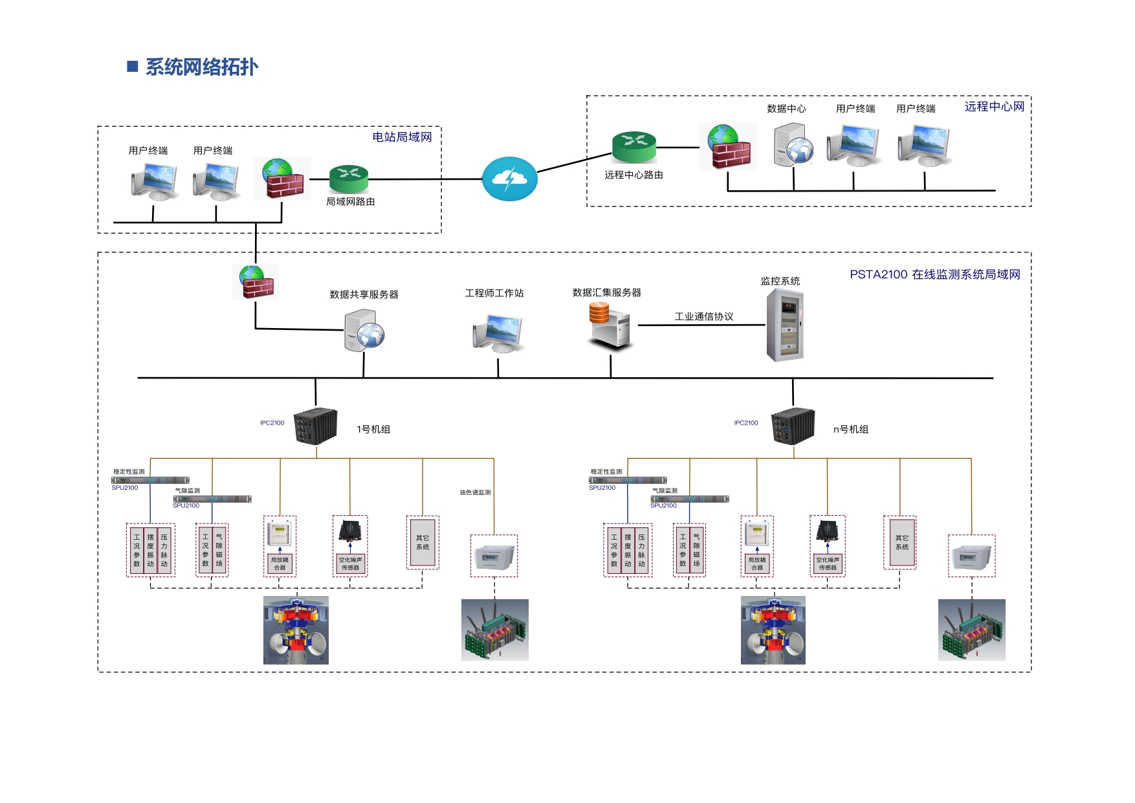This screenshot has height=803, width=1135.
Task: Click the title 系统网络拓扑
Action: (201, 67)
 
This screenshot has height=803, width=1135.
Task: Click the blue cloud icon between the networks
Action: (510, 179)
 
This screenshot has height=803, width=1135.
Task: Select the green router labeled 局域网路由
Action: (349, 178)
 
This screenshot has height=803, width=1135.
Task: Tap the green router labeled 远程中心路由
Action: (634, 147)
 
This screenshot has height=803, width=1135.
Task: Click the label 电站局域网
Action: (402, 137)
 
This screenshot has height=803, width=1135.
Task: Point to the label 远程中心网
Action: (994, 107)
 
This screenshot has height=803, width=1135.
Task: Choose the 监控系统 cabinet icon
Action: (785, 325)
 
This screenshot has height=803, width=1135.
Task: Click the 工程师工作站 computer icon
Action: (498, 333)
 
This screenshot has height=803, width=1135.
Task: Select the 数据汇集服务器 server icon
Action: (610, 325)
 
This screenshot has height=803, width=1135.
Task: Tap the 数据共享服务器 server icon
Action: (364, 330)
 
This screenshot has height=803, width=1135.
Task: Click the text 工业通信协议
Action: (704, 316)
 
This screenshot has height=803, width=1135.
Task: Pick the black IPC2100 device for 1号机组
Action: (316, 426)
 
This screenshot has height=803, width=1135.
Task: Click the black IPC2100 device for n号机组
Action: (793, 426)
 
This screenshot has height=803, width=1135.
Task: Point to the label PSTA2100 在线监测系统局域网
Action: (934, 274)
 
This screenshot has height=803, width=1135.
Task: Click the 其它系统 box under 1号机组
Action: (423, 542)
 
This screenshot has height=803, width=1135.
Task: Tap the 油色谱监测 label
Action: (475, 492)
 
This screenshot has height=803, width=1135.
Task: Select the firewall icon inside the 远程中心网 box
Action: (728, 148)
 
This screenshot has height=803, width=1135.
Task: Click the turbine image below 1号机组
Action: (296, 630)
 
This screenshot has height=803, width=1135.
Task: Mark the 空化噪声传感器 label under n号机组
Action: (828, 564)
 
